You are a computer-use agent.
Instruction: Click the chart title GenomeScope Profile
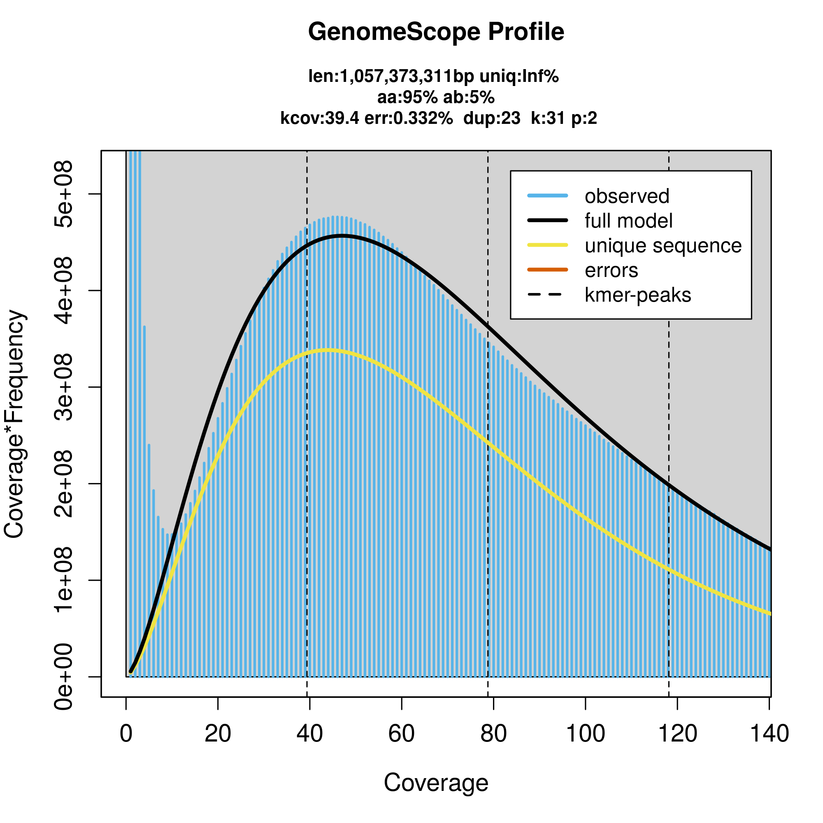[436, 32]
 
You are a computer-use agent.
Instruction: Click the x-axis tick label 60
[401, 734]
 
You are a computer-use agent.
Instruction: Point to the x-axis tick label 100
[585, 734]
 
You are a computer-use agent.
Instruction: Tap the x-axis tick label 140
[769, 734]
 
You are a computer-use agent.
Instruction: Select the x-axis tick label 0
[126, 734]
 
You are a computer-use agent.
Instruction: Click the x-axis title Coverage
[436, 783]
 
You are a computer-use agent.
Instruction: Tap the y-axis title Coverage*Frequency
[14, 424]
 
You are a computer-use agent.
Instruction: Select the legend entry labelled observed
[627, 196]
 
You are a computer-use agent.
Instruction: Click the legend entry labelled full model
[628, 221]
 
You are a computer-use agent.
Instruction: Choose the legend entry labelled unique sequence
[663, 246]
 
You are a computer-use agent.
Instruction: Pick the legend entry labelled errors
[611, 270]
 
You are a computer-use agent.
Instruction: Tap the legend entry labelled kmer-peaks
[638, 295]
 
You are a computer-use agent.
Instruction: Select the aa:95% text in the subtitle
[407, 98]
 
